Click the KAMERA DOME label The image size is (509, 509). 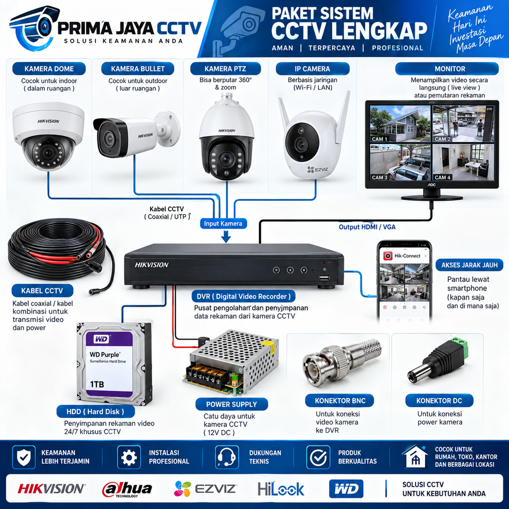pyautogui.click(x=49, y=69)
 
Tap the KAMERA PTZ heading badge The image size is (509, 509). pyautogui.click(x=225, y=69)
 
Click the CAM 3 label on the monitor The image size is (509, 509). pyautogui.click(x=379, y=177)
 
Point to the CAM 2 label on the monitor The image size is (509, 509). pyautogui.click(x=442, y=139)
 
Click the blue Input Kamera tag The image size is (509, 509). pyautogui.click(x=223, y=223)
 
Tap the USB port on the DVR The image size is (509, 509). pyautogui.click(x=324, y=277)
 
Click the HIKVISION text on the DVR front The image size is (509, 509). pyautogui.click(x=152, y=265)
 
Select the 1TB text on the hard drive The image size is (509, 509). pyautogui.click(x=97, y=384)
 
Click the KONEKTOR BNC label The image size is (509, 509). pyautogui.click(x=339, y=401)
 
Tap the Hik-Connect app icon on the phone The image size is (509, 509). pyautogui.click(x=388, y=256)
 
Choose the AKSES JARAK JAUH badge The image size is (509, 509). pyautogui.click(x=469, y=265)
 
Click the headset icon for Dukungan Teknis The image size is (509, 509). pyautogui.click(x=227, y=457)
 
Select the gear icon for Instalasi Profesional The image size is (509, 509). pyautogui.click(x=129, y=457)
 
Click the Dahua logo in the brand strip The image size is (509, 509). pyautogui.click(x=127, y=489)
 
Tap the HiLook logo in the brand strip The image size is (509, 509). pyautogui.click(x=281, y=489)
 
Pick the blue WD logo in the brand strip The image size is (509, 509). pyautogui.click(x=346, y=489)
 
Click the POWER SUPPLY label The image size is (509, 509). pyautogui.click(x=232, y=404)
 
